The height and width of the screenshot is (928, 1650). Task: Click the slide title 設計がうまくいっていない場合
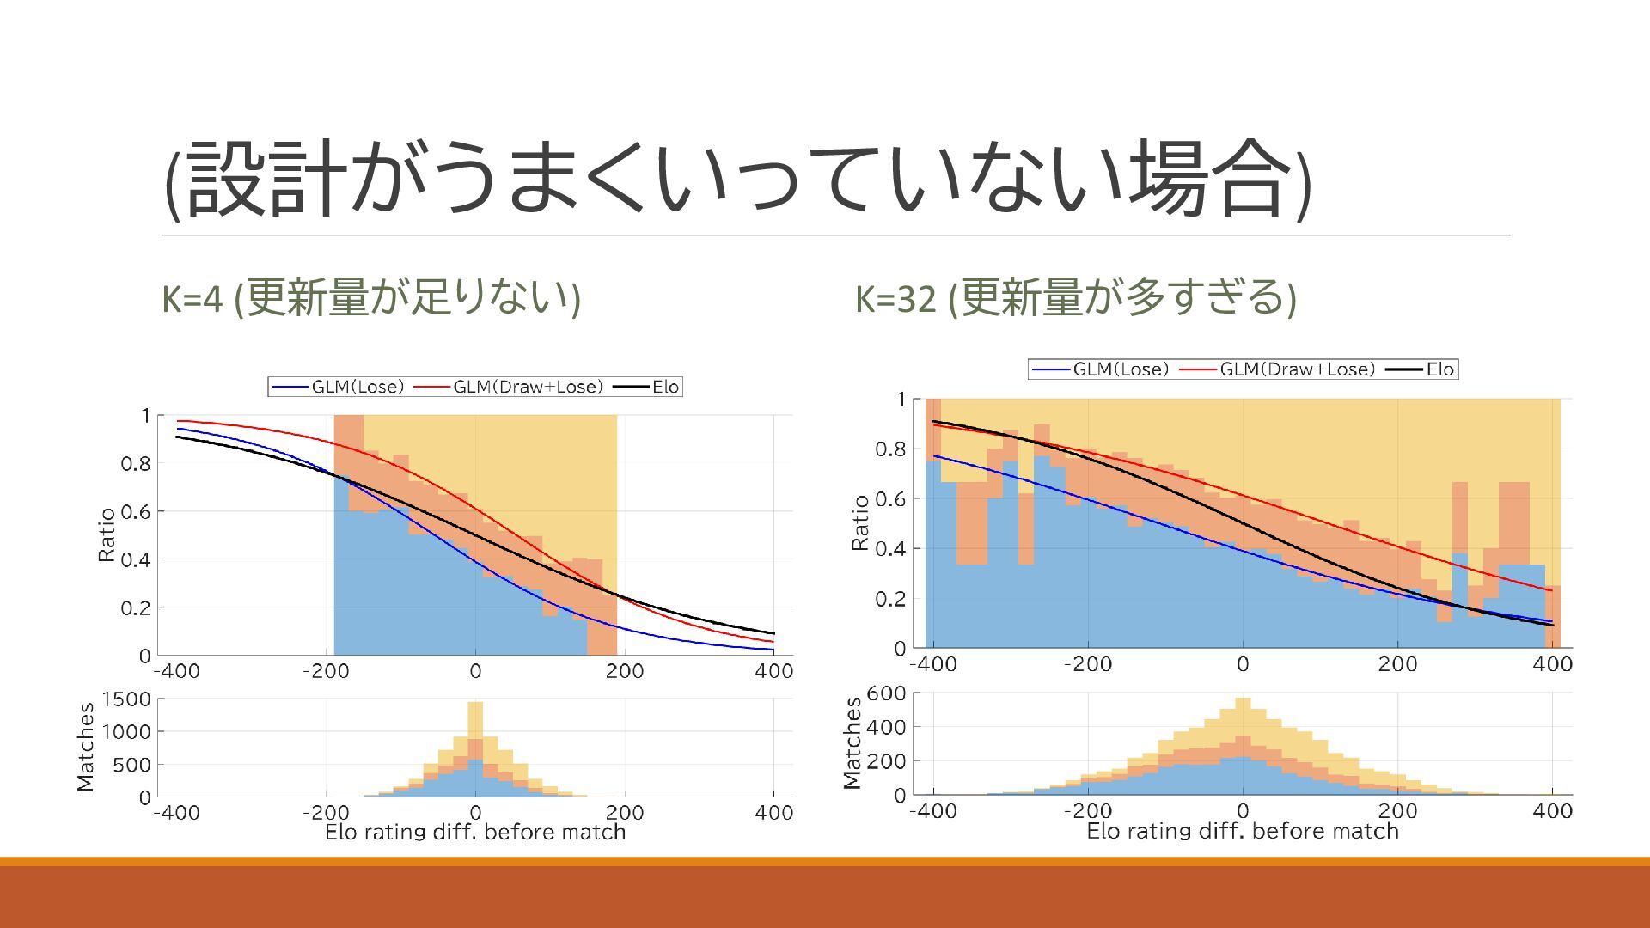click(737, 179)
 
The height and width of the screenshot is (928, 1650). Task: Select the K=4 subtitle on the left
click(371, 297)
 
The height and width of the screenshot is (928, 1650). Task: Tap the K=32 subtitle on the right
click(1075, 297)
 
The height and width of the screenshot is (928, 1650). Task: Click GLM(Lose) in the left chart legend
click(357, 387)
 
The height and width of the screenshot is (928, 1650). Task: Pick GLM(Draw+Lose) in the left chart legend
click(528, 387)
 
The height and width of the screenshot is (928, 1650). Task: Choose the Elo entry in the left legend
click(665, 387)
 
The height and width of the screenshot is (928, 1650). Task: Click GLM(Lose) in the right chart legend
click(1121, 369)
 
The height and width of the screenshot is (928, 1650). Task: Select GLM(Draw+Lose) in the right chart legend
click(1297, 369)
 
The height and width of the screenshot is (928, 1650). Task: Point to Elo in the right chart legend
click(1439, 369)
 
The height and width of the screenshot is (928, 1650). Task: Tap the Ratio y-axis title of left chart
click(107, 534)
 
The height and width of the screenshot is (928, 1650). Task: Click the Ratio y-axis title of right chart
click(859, 522)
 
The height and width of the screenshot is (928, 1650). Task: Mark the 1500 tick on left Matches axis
click(126, 699)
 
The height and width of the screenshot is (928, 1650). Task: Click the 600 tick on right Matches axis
click(886, 693)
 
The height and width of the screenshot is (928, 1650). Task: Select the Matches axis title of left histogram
click(85, 747)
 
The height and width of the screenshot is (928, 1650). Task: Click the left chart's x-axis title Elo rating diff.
click(475, 832)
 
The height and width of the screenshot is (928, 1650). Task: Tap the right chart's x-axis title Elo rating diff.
click(1243, 831)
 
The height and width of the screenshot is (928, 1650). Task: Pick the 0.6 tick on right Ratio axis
click(890, 499)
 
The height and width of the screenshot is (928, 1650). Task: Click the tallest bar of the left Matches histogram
click(475, 748)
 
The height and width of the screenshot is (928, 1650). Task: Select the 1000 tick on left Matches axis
click(126, 732)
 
